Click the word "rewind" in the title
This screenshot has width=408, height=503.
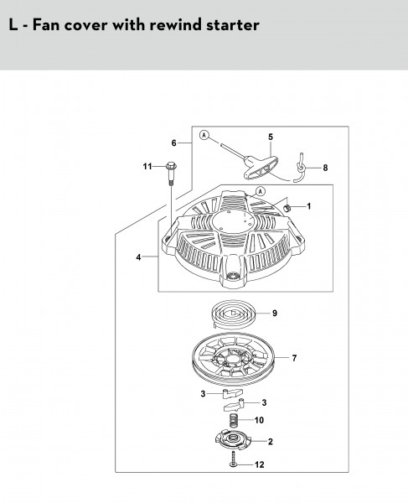[175, 24]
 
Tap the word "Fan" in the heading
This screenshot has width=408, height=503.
[46, 24]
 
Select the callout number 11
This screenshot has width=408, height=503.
[147, 167]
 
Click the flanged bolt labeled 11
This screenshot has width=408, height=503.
[172, 174]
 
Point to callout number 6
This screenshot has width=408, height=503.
[173, 143]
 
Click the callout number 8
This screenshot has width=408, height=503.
[325, 168]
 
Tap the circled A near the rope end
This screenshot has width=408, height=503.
[204, 135]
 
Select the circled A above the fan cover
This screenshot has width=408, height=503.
[261, 191]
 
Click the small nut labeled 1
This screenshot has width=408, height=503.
[288, 208]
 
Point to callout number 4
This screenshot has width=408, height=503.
[138, 257]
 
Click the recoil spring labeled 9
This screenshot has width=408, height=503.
[234, 314]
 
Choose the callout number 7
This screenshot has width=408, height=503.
[294, 358]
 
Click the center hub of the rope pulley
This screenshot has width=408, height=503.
[234, 357]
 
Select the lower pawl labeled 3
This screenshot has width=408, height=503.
[235, 405]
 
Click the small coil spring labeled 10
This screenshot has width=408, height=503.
[235, 420]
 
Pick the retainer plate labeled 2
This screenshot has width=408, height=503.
[233, 441]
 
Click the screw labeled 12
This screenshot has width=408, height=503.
[233, 459]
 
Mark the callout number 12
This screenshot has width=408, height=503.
[259, 464]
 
